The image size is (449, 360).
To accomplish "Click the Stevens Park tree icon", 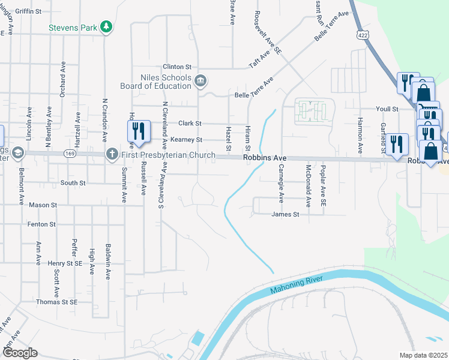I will tap(106, 26).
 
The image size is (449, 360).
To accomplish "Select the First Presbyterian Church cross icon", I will tap(112, 154).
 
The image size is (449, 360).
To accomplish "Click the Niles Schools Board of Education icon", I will tap(201, 79).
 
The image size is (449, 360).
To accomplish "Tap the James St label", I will tap(285, 214).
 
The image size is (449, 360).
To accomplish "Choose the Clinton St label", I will tap(176, 67).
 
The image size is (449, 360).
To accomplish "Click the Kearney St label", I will tap(187, 140).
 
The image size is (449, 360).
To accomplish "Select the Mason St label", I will tap(43, 205).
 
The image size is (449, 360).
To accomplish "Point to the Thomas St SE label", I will tap(57, 302).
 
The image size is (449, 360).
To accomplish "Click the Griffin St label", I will tap(28, 11).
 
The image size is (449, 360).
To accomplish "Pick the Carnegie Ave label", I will tap(280, 184).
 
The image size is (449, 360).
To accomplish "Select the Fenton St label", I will tap(41, 224).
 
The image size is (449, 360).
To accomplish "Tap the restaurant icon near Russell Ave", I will tap(139, 131).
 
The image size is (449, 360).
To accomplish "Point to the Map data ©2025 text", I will tap(423, 355).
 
